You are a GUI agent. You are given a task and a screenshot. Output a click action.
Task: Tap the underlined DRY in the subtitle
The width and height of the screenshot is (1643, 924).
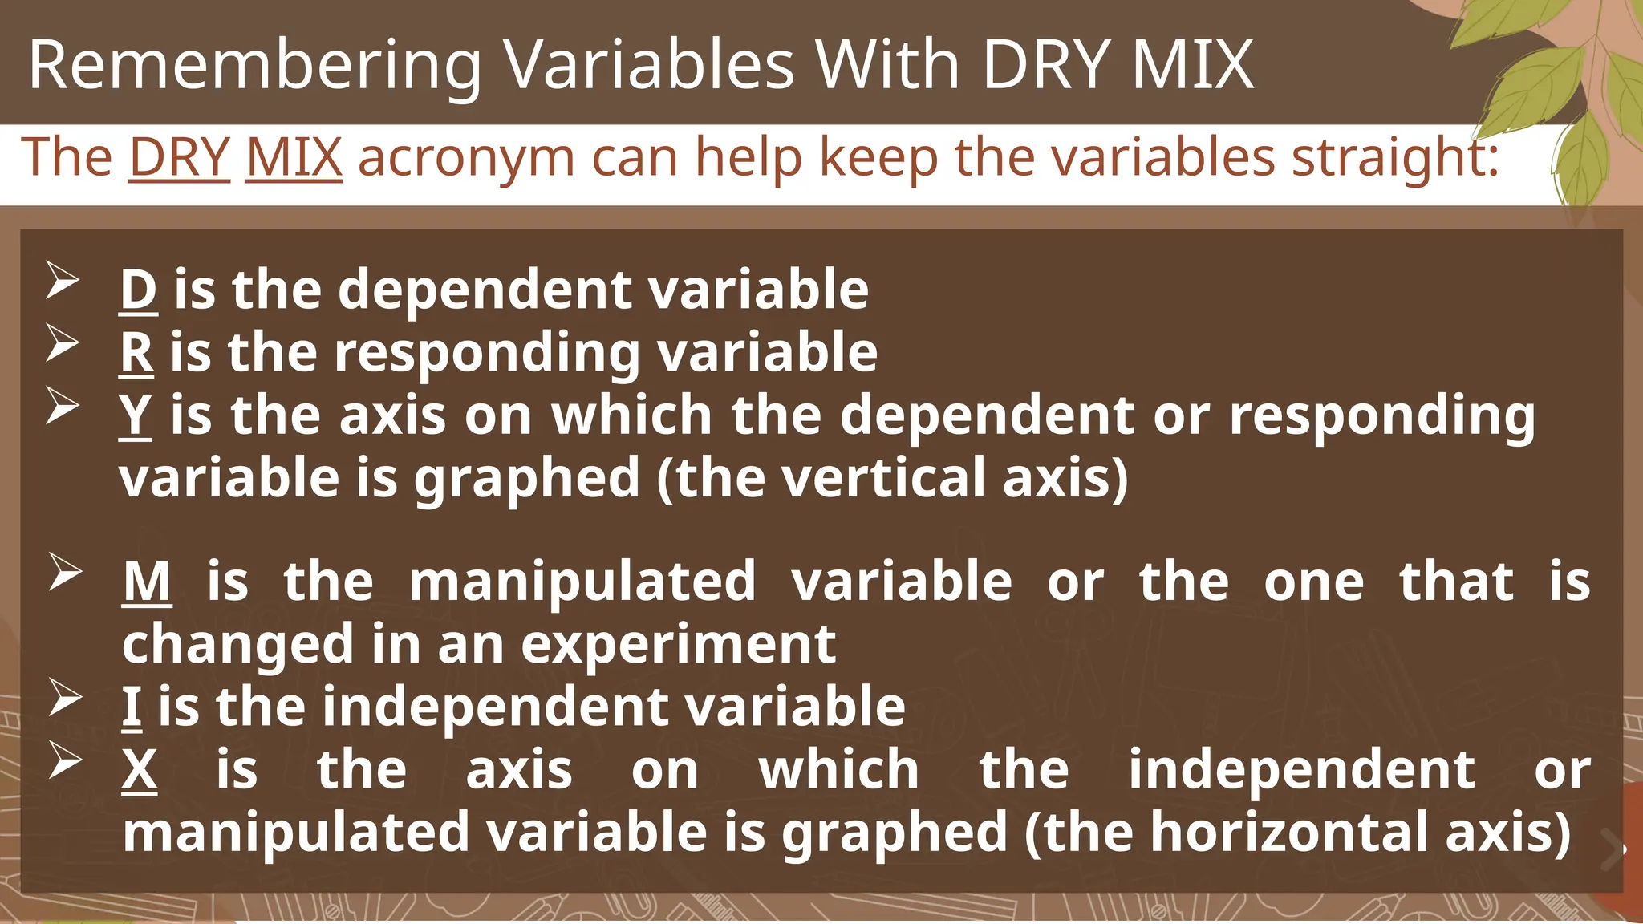pos(179,156)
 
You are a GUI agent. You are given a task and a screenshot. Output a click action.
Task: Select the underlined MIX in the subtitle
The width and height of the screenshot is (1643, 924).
pos(294,156)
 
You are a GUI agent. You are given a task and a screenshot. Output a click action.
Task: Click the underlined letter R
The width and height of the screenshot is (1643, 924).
pos(136,352)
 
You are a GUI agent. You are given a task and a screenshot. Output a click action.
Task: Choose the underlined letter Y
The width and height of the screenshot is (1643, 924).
pos(136,415)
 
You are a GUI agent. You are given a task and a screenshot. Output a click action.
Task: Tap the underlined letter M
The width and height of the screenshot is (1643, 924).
pos(147,582)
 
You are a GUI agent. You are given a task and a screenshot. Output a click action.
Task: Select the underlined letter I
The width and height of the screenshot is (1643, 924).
pos(132,707)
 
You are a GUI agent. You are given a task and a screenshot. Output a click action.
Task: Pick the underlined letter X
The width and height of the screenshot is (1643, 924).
pos(140,770)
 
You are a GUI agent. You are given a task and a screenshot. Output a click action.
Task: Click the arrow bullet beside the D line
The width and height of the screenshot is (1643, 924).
pos(62,281)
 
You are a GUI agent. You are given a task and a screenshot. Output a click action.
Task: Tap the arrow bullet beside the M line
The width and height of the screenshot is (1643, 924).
pos(64,573)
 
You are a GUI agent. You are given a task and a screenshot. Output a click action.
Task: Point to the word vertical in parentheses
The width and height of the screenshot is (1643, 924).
pos(882,478)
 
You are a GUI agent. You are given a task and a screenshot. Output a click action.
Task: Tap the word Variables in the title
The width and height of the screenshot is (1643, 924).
pos(648,66)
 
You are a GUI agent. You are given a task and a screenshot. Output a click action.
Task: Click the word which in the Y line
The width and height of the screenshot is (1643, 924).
pos(631,415)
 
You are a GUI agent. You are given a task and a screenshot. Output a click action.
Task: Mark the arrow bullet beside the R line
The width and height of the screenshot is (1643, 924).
pos(62,343)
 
